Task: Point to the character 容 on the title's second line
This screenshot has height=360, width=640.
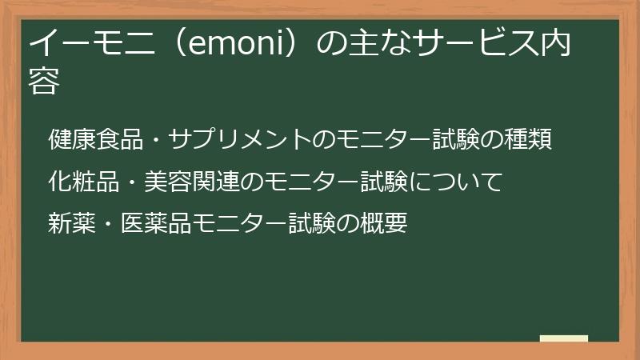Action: pos(45,82)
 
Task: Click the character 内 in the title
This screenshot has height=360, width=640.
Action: pos(554,45)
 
